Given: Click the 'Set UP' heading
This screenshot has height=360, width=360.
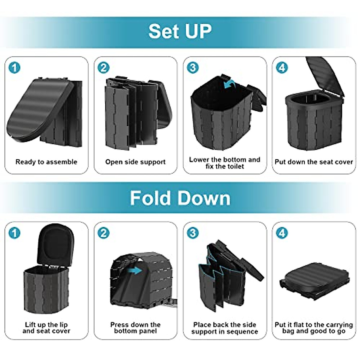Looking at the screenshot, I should pyautogui.click(x=180, y=31).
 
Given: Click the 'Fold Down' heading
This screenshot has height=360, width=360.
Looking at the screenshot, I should pyautogui.click(x=180, y=198).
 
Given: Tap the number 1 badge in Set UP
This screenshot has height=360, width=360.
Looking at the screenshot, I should pyautogui.click(x=14, y=67).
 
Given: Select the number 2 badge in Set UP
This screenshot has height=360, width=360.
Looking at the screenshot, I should pyautogui.click(x=103, y=67).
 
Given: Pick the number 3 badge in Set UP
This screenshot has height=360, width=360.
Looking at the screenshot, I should pyautogui.click(x=193, y=67).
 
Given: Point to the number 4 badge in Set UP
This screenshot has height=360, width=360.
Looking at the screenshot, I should pyautogui.click(x=282, y=67).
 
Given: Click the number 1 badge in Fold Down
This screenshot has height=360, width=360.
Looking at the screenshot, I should pyautogui.click(x=14, y=233).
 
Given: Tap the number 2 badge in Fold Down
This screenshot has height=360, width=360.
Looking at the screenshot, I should pyautogui.click(x=103, y=233).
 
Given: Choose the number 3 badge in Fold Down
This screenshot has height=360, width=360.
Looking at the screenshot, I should pyautogui.click(x=193, y=233).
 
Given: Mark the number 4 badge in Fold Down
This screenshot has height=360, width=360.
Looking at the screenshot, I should pyautogui.click(x=282, y=233).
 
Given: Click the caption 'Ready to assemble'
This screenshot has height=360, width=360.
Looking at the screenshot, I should pyautogui.click(x=46, y=162).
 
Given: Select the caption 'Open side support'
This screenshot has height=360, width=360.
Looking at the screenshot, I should pyautogui.click(x=135, y=162).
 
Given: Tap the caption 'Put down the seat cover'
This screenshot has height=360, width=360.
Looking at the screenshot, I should pyautogui.click(x=313, y=162).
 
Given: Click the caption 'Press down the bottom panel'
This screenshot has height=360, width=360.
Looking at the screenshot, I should pyautogui.click(x=135, y=328).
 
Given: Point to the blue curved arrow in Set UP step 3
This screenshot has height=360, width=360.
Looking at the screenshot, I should pyautogui.click(x=229, y=84).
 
